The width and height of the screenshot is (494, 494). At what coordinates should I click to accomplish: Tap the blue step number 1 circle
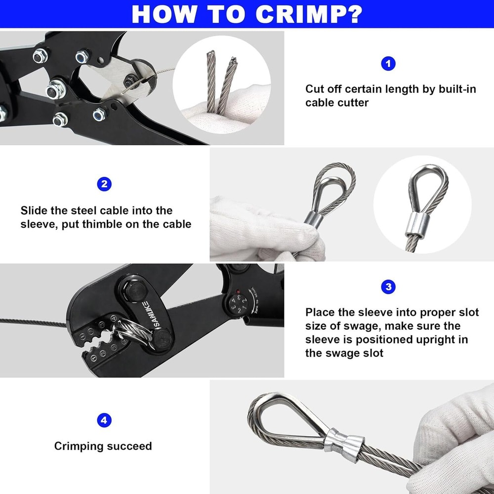(388, 63)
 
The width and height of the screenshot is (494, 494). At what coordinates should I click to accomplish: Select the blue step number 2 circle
(104, 185)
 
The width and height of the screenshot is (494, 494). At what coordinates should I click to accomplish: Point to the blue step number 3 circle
(388, 287)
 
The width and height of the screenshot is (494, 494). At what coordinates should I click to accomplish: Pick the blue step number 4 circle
(104, 420)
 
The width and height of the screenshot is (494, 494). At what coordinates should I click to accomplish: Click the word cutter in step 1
(352, 103)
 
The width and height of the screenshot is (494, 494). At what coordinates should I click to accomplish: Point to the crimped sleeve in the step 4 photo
(344, 440)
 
